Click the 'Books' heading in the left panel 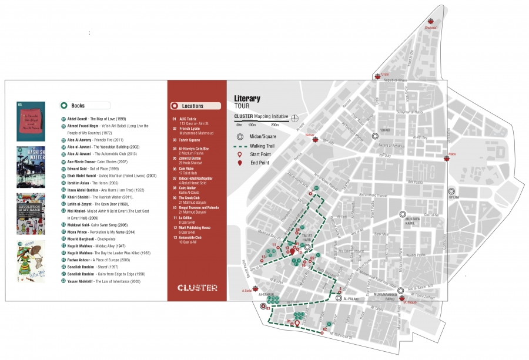click(78, 106)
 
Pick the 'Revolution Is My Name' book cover click(31, 214)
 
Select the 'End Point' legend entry click(259, 162)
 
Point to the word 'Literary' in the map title click(247, 98)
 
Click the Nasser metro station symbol click(315, 140)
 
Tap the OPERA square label click(453, 197)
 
